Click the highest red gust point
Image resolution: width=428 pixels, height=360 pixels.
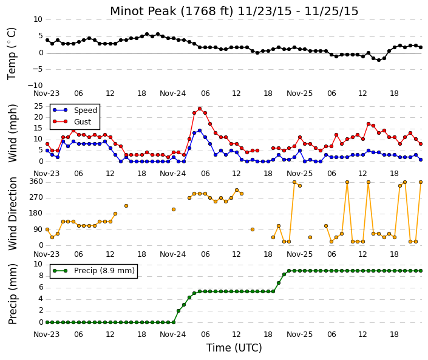[x=200, y=109]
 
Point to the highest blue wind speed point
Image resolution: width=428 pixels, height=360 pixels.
[x=200, y=131]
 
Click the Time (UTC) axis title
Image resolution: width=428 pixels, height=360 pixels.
[x=234, y=348]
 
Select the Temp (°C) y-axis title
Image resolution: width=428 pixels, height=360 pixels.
[x=12, y=53]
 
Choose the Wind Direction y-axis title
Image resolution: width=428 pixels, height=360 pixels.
[x=13, y=214]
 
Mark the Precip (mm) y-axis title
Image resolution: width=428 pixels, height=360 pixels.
[x=13, y=294]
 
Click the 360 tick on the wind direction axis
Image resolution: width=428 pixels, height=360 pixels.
[x=37, y=182]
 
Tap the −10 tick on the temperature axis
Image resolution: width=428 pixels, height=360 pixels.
[x=35, y=86]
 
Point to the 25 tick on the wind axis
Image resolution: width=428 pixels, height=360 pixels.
[x=39, y=106]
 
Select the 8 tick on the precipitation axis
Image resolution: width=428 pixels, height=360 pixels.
[x=41, y=276]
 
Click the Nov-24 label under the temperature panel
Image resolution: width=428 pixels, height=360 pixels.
[x=173, y=93]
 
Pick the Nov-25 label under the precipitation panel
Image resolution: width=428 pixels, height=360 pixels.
[x=299, y=335]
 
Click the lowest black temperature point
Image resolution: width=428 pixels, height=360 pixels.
[x=379, y=60]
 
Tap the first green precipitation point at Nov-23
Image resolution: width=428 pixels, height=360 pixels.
[x=47, y=322]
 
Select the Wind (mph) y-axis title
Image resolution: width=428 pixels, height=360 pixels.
[x=13, y=133]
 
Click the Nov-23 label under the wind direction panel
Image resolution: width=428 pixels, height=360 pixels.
[x=46, y=254]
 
